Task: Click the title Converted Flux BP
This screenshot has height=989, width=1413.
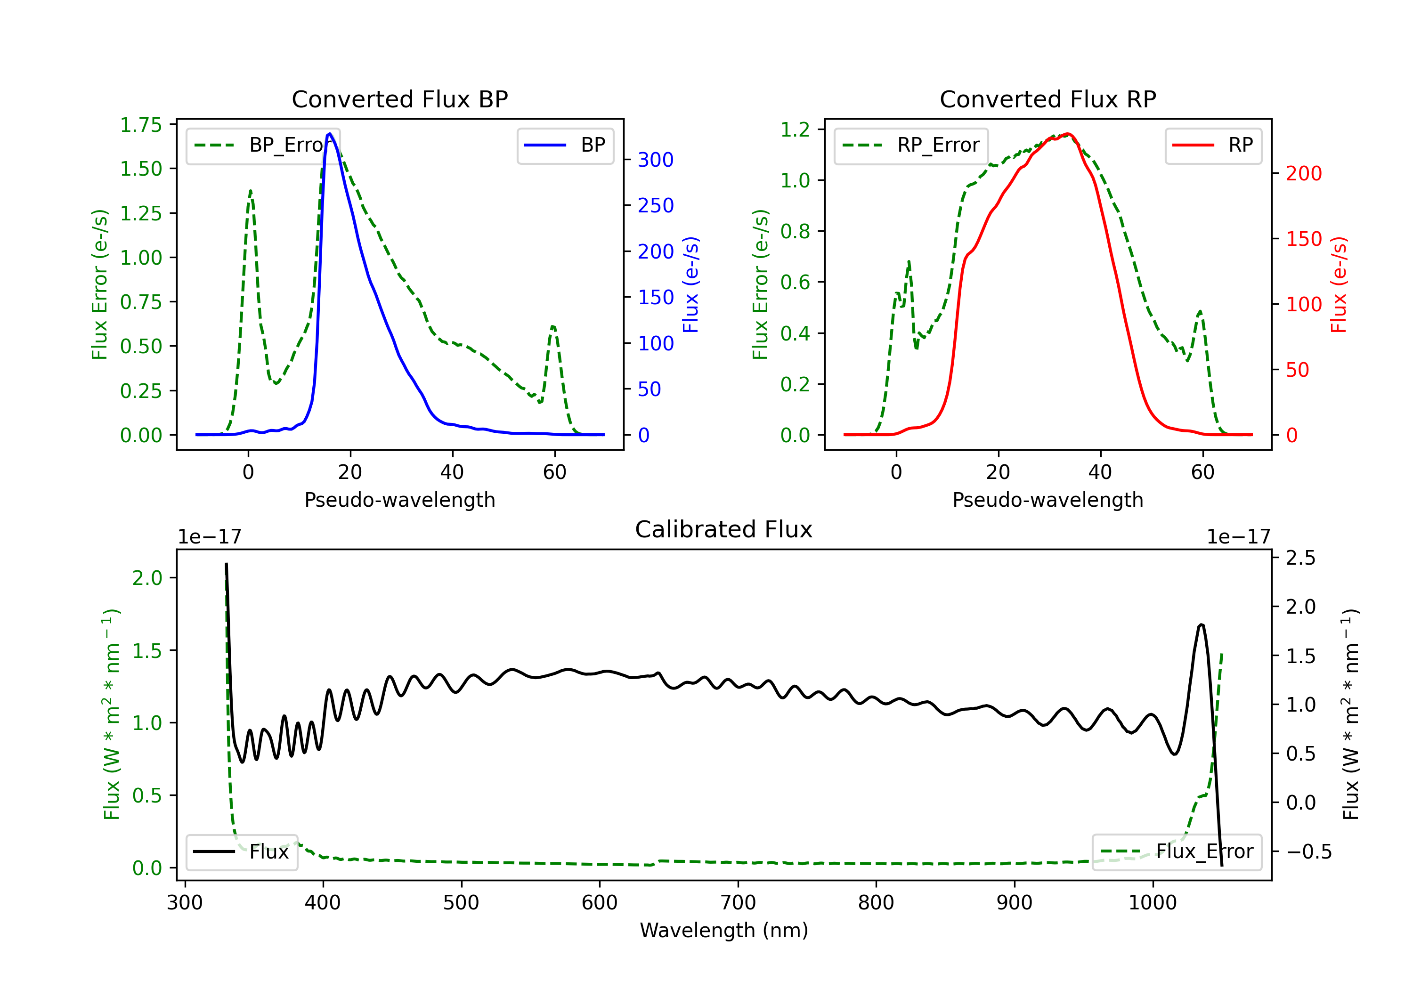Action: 399,99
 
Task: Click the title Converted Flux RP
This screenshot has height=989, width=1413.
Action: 1048,99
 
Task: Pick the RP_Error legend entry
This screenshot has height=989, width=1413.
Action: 911,145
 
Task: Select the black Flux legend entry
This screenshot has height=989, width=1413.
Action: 242,852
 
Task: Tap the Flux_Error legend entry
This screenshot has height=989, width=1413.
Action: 1177,852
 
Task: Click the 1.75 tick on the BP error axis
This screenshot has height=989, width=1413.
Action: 141,125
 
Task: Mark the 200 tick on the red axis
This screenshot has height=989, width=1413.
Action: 1303,174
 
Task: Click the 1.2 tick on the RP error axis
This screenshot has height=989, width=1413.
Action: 795,129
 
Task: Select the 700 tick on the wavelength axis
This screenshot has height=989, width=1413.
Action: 737,903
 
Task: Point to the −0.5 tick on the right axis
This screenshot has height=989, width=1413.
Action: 1308,852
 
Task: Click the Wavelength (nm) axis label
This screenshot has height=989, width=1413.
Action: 724,930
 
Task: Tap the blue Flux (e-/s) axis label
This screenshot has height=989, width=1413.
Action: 690,284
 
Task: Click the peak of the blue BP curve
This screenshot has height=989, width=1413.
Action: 330,134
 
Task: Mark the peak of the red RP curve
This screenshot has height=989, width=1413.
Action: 1068,134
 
